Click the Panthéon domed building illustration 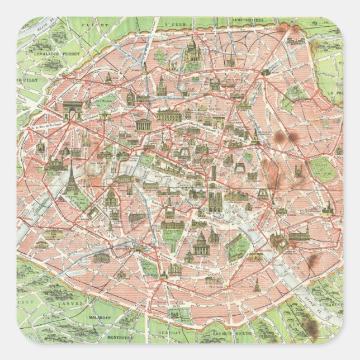click(201, 244)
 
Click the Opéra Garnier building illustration click(173, 115)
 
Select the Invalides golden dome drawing click(111, 196)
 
